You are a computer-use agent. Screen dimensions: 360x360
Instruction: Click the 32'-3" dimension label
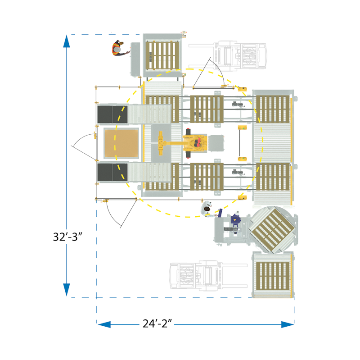click(67, 237)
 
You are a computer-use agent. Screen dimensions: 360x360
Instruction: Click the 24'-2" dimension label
click(157, 324)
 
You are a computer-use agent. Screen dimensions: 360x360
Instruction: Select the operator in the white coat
click(208, 209)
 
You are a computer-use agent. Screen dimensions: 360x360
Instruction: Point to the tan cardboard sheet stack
click(121, 143)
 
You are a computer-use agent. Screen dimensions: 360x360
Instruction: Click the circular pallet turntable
click(273, 230)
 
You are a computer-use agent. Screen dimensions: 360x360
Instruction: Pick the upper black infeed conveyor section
click(112, 114)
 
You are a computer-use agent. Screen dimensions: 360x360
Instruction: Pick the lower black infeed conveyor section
click(112, 172)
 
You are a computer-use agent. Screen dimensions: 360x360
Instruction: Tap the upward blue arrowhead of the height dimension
click(67, 41)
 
